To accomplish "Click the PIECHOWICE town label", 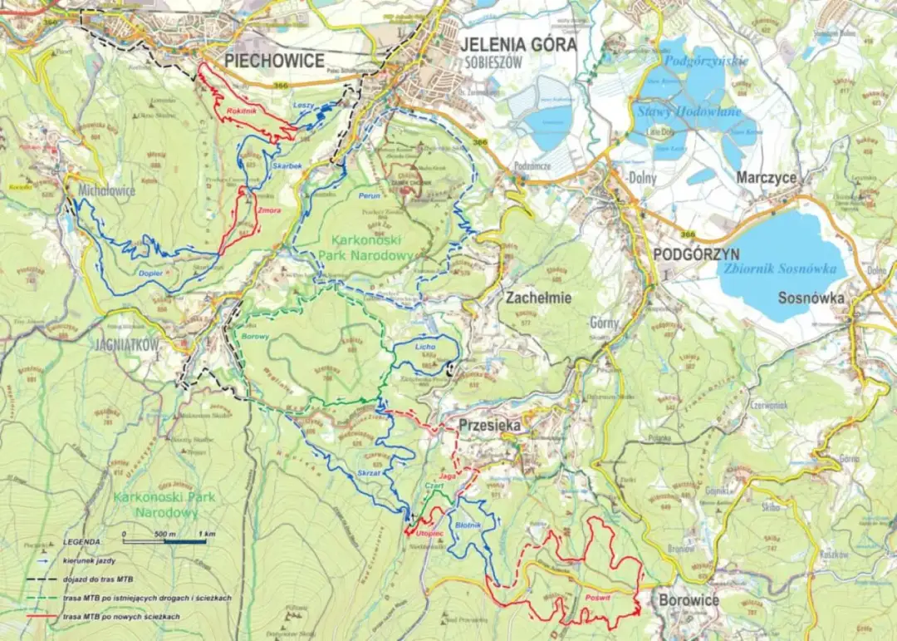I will pos(274,61).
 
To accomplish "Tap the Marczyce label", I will pos(766,178).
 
